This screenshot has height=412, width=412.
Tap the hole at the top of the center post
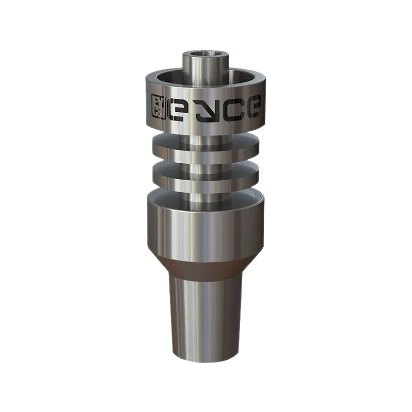tap(205, 53)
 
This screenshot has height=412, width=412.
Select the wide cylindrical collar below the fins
tap(205, 227)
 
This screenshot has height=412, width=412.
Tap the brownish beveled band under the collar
tap(205, 263)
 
